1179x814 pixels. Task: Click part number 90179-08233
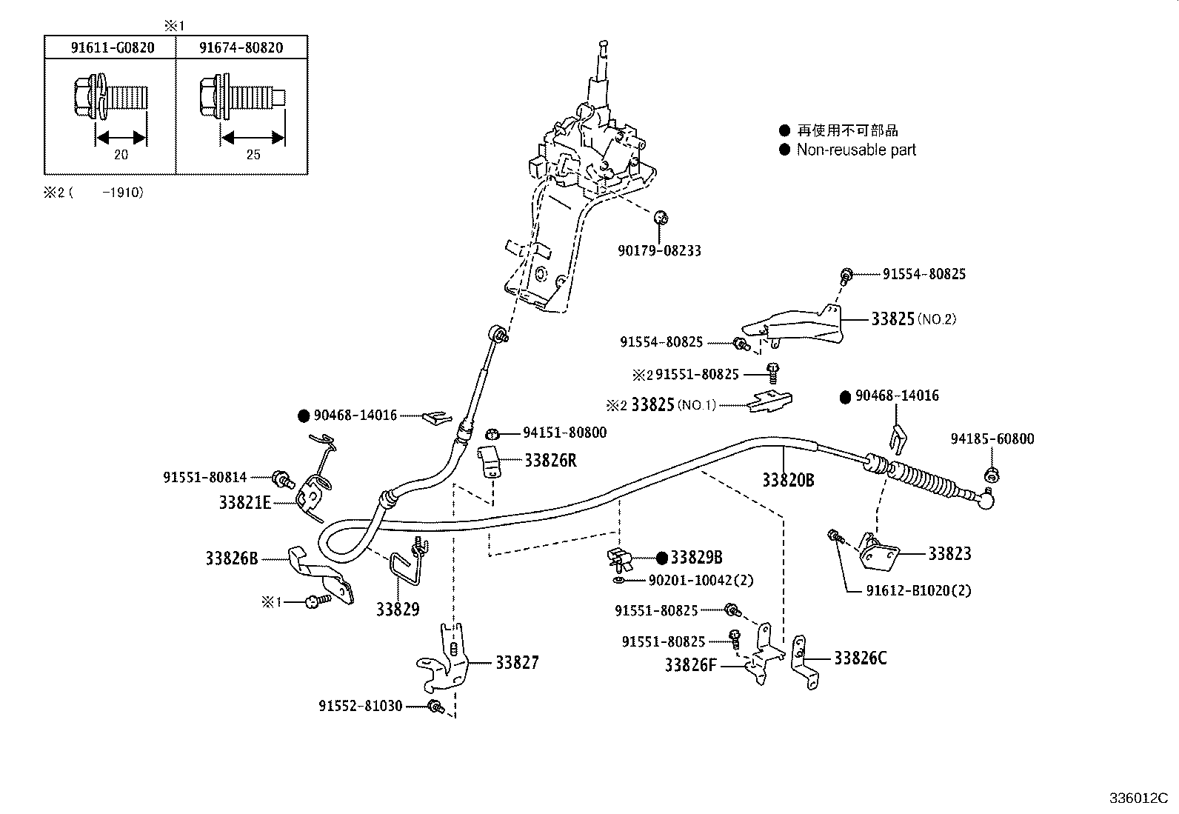659,251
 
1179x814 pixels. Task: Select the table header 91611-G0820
113,48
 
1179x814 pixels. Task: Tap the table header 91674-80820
241,48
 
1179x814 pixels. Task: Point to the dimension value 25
253,155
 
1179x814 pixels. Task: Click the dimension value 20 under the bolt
121,155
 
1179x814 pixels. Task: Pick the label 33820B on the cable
788,480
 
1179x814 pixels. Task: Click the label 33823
949,553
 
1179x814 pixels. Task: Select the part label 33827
517,662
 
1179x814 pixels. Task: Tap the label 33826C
860,658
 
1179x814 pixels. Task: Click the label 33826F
691,664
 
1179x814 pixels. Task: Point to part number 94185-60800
992,438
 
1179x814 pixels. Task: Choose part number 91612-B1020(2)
918,590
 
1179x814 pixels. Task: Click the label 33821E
245,502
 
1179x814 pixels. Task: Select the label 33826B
232,558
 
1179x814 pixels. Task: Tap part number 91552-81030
361,706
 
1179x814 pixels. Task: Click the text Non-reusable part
856,150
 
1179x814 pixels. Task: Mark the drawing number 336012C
1138,798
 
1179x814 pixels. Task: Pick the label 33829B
696,558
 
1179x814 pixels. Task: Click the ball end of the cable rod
986,501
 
